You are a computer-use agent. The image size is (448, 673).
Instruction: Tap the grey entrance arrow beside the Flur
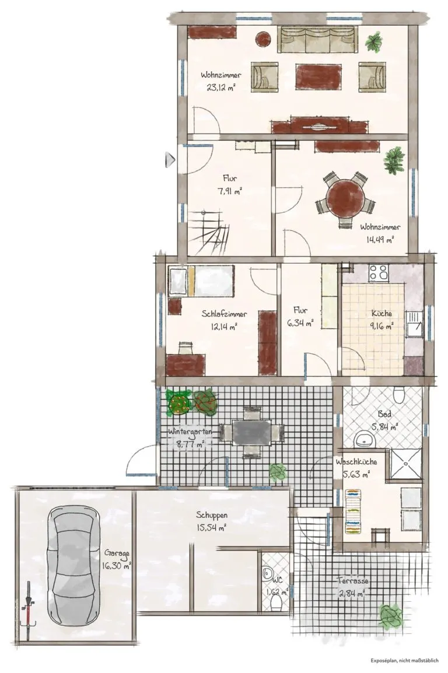click(170, 160)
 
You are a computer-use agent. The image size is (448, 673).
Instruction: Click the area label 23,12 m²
click(221, 87)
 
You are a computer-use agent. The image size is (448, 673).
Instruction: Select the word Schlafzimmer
click(224, 314)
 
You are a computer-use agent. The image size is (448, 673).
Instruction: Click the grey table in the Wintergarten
click(251, 432)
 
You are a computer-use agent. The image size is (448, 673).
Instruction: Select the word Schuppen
click(212, 516)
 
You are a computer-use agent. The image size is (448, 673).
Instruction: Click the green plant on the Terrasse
click(391, 615)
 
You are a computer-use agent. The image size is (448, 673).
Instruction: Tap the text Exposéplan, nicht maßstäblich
click(405, 661)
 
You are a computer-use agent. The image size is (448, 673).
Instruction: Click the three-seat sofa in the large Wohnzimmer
click(317, 39)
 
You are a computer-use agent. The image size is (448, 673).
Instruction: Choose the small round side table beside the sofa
click(262, 39)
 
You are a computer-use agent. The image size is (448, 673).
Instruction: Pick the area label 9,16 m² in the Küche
click(381, 326)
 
